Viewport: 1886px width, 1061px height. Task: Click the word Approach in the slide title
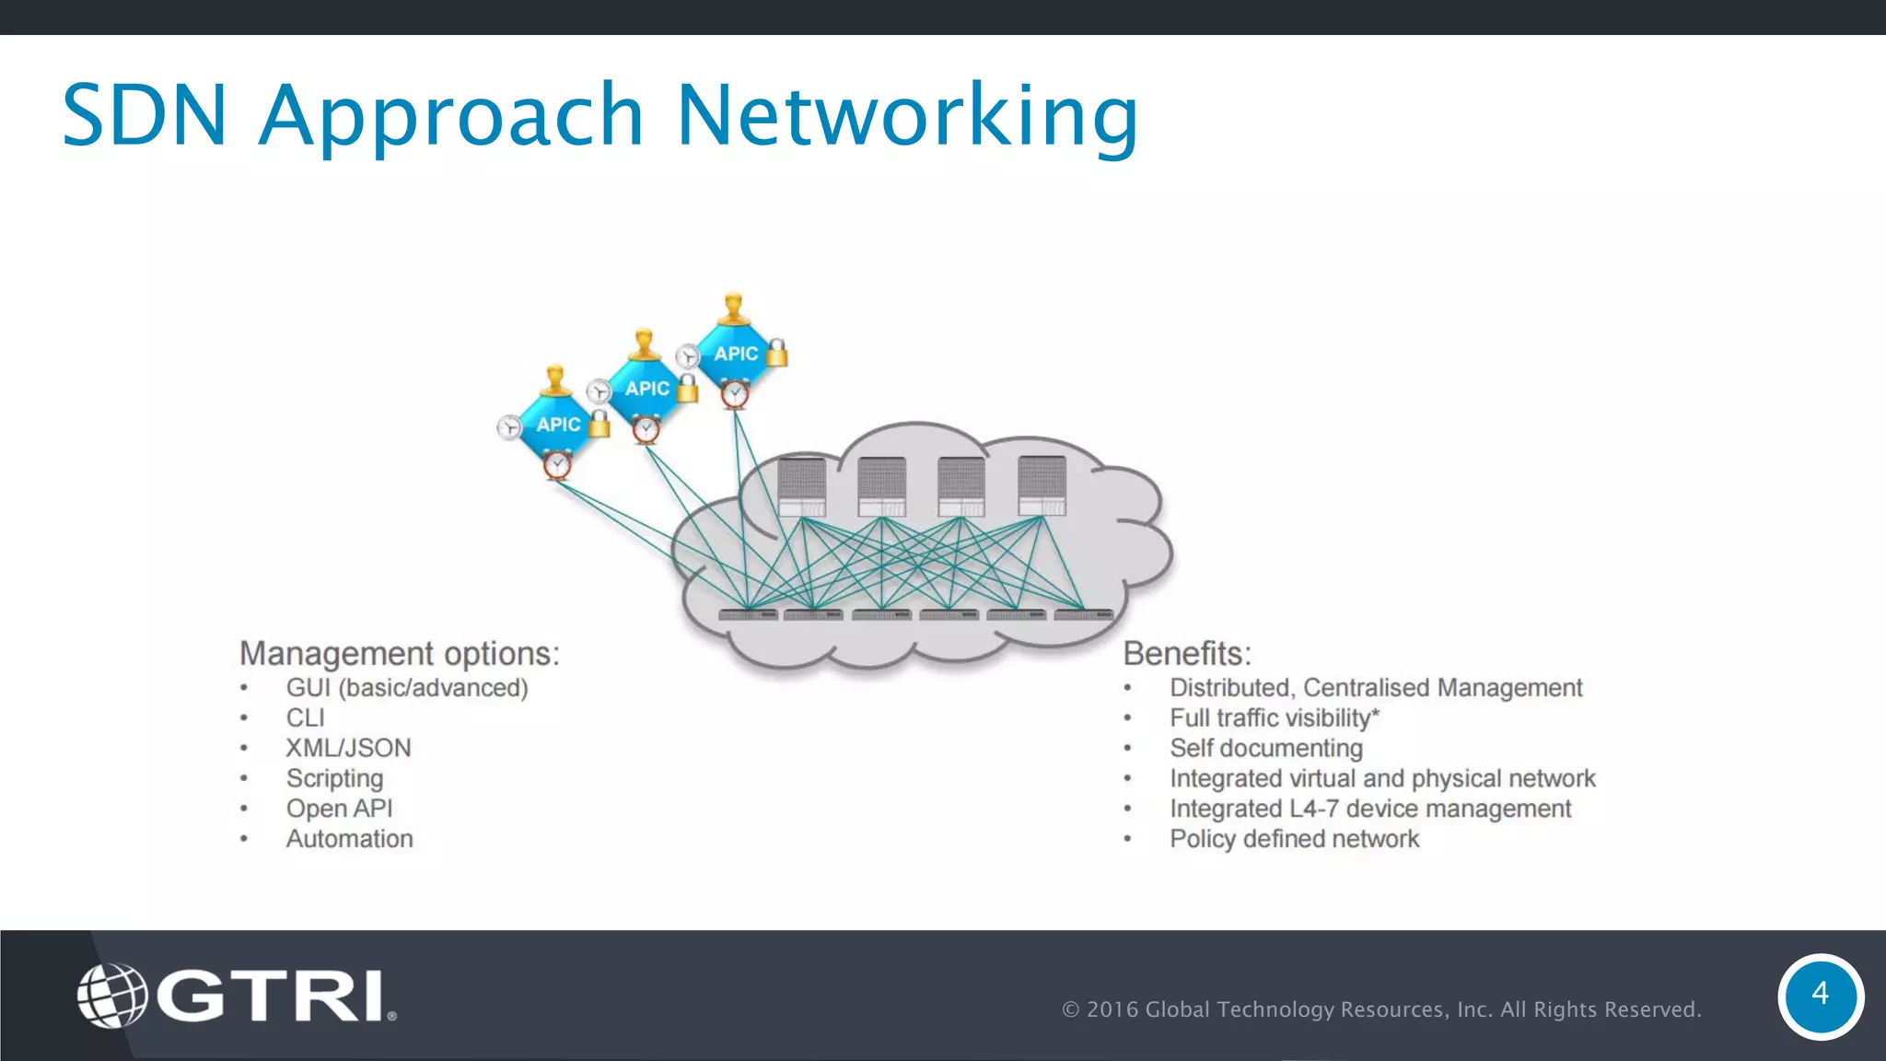451,116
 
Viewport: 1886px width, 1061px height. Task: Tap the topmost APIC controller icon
735,353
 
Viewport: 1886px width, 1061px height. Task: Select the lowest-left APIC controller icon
557,425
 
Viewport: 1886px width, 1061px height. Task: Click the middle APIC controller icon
646,389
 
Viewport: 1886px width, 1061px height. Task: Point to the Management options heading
399,653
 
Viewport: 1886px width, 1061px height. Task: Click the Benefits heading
1187,653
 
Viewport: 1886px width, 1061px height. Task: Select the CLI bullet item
305,717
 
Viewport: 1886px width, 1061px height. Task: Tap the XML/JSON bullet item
348,748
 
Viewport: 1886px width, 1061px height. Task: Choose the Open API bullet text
339,809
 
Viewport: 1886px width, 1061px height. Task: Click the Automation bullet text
349,839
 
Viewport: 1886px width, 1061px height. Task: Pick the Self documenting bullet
1266,748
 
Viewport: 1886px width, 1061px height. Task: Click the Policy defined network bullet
1294,839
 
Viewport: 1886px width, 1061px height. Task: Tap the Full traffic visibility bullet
1275,717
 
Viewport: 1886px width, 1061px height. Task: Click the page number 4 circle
1820,996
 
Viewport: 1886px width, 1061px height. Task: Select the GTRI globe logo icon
111,995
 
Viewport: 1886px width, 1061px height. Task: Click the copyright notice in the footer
1381,1009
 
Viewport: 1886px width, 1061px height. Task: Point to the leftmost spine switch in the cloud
801,486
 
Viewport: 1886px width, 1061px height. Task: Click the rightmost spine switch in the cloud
1042,485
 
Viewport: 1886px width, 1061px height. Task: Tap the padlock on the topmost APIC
777,353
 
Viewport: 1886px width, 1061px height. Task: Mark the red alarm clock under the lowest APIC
556,466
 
